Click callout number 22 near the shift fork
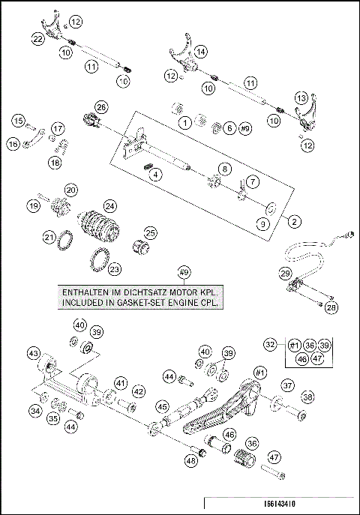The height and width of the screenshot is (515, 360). click(38, 37)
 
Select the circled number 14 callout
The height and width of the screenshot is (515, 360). click(200, 52)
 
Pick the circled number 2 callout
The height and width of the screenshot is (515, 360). click(293, 221)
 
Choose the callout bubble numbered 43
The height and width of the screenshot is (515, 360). click(33, 352)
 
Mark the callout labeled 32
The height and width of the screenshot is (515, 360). click(271, 343)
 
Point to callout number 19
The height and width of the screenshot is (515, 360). click(33, 205)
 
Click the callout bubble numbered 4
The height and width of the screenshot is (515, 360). click(156, 175)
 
